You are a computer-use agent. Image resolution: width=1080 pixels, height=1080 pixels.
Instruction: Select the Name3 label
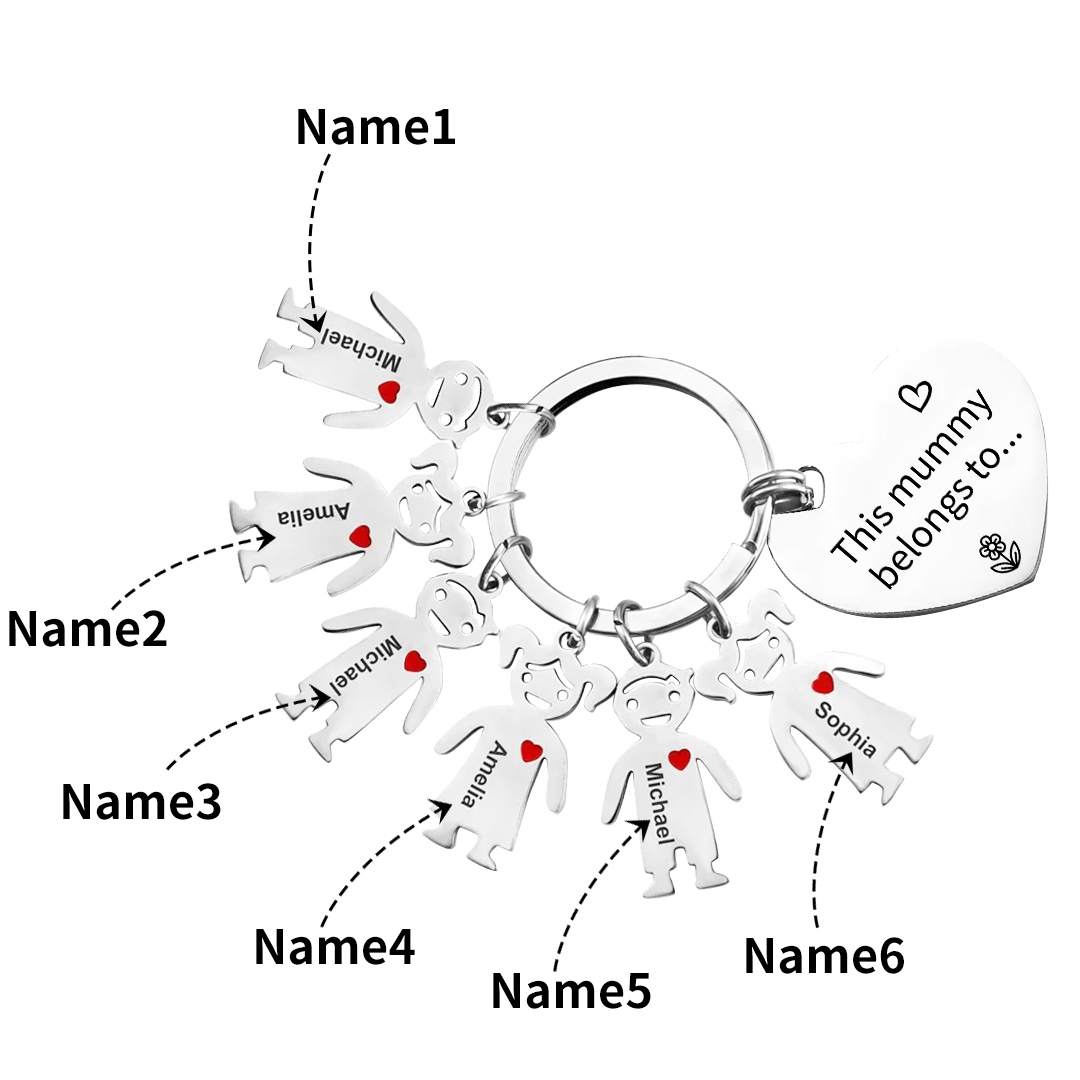click(x=141, y=802)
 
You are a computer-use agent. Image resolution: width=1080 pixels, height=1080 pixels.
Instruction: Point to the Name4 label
click(x=334, y=947)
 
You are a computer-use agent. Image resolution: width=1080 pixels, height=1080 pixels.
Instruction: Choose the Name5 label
click(x=571, y=991)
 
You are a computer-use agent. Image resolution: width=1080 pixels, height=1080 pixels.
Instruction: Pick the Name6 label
click(x=824, y=956)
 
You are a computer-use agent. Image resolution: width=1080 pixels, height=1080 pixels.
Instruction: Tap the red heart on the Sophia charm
click(x=823, y=683)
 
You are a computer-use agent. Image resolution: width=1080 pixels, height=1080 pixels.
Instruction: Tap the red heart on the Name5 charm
click(x=679, y=759)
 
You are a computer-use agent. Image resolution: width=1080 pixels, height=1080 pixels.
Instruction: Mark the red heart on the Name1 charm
click(x=388, y=390)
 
